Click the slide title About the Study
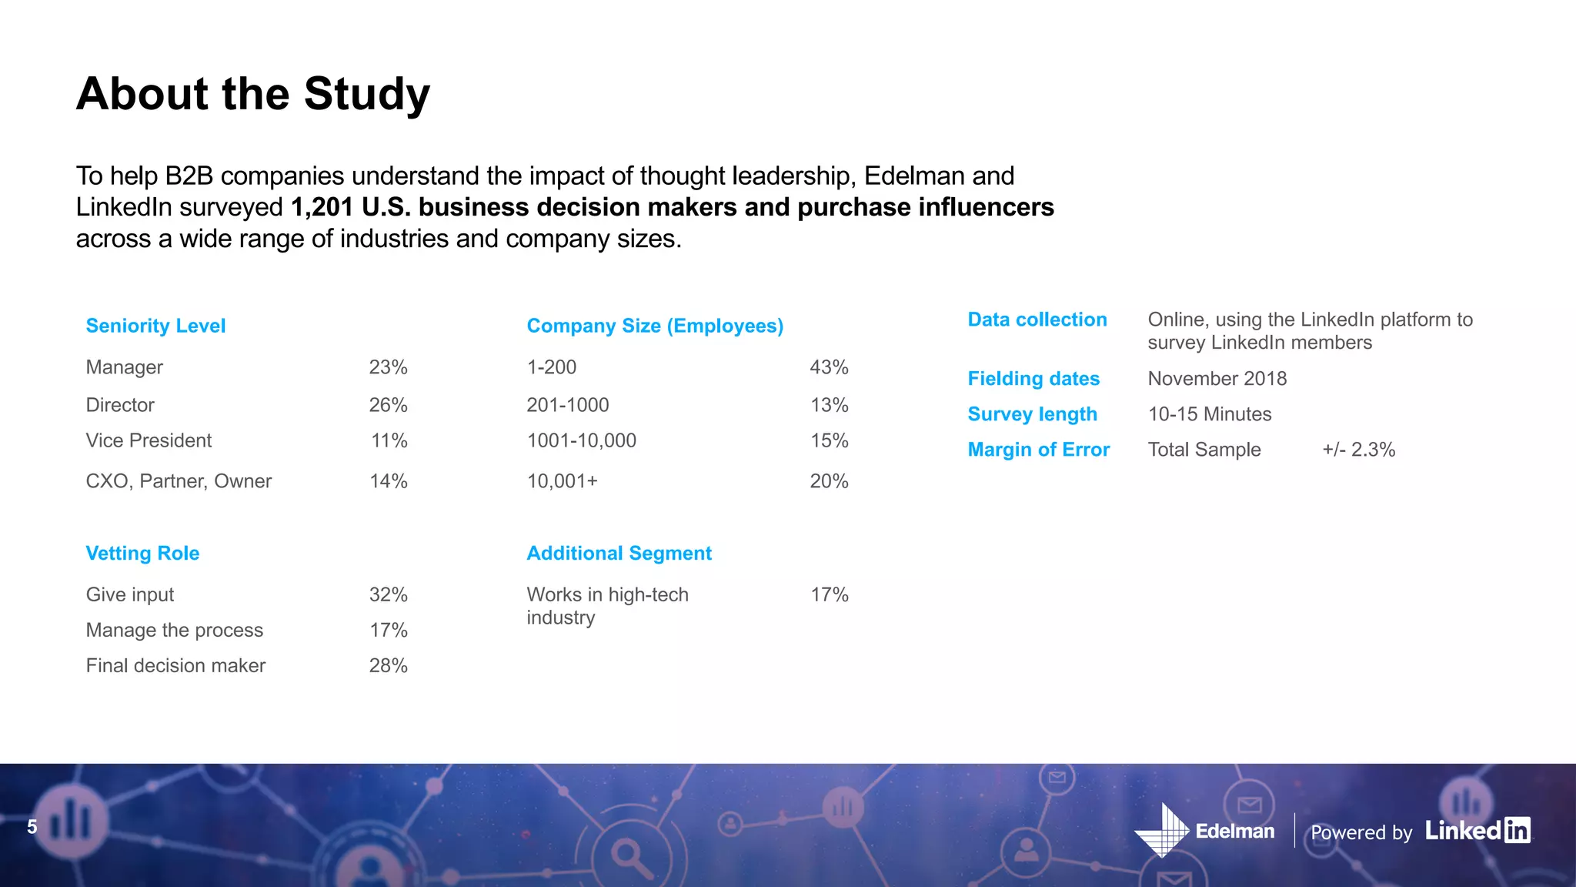click(252, 94)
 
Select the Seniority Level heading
click(155, 326)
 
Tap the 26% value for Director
click(388, 405)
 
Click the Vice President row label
click(149, 440)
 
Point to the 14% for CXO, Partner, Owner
click(388, 481)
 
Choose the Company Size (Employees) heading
click(654, 326)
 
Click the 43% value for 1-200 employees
click(829, 367)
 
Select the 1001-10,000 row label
click(581, 440)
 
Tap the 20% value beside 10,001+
click(829, 481)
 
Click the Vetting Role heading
click(142, 553)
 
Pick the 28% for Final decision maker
click(388, 665)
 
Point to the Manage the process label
click(174, 630)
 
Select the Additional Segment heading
click(619, 553)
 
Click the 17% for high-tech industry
click(829, 594)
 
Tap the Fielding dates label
click(1033, 379)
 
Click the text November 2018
click(1217, 379)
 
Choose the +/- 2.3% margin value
click(1358, 450)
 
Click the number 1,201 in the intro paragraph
click(322, 207)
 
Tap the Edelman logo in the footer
click(1204, 831)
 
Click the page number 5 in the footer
click(32, 827)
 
